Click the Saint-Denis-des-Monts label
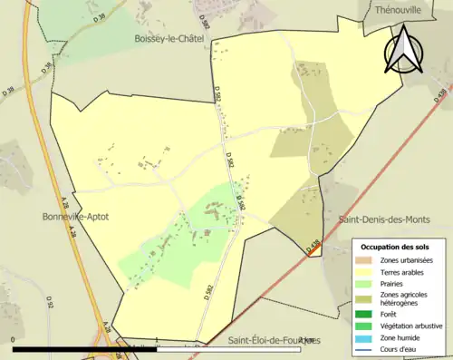383,220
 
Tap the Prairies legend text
394,283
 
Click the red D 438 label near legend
314,246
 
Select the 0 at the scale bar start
13,340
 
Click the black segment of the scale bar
86,348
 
